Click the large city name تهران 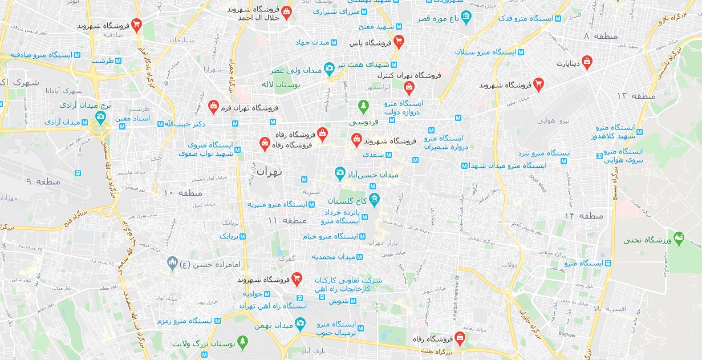point(270,171)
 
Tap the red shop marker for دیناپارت point(587,62)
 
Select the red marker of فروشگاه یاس point(399,41)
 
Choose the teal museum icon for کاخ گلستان point(374,199)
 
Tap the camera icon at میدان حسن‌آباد point(340,172)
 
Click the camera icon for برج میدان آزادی point(100,118)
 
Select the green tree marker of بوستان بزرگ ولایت point(243,342)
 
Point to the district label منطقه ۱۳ point(636,95)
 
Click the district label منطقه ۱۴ point(583,216)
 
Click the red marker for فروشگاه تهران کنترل point(408,87)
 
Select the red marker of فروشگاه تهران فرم point(213,106)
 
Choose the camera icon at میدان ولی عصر point(329,68)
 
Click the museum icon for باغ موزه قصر point(466,17)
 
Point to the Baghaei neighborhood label point(567,334)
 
